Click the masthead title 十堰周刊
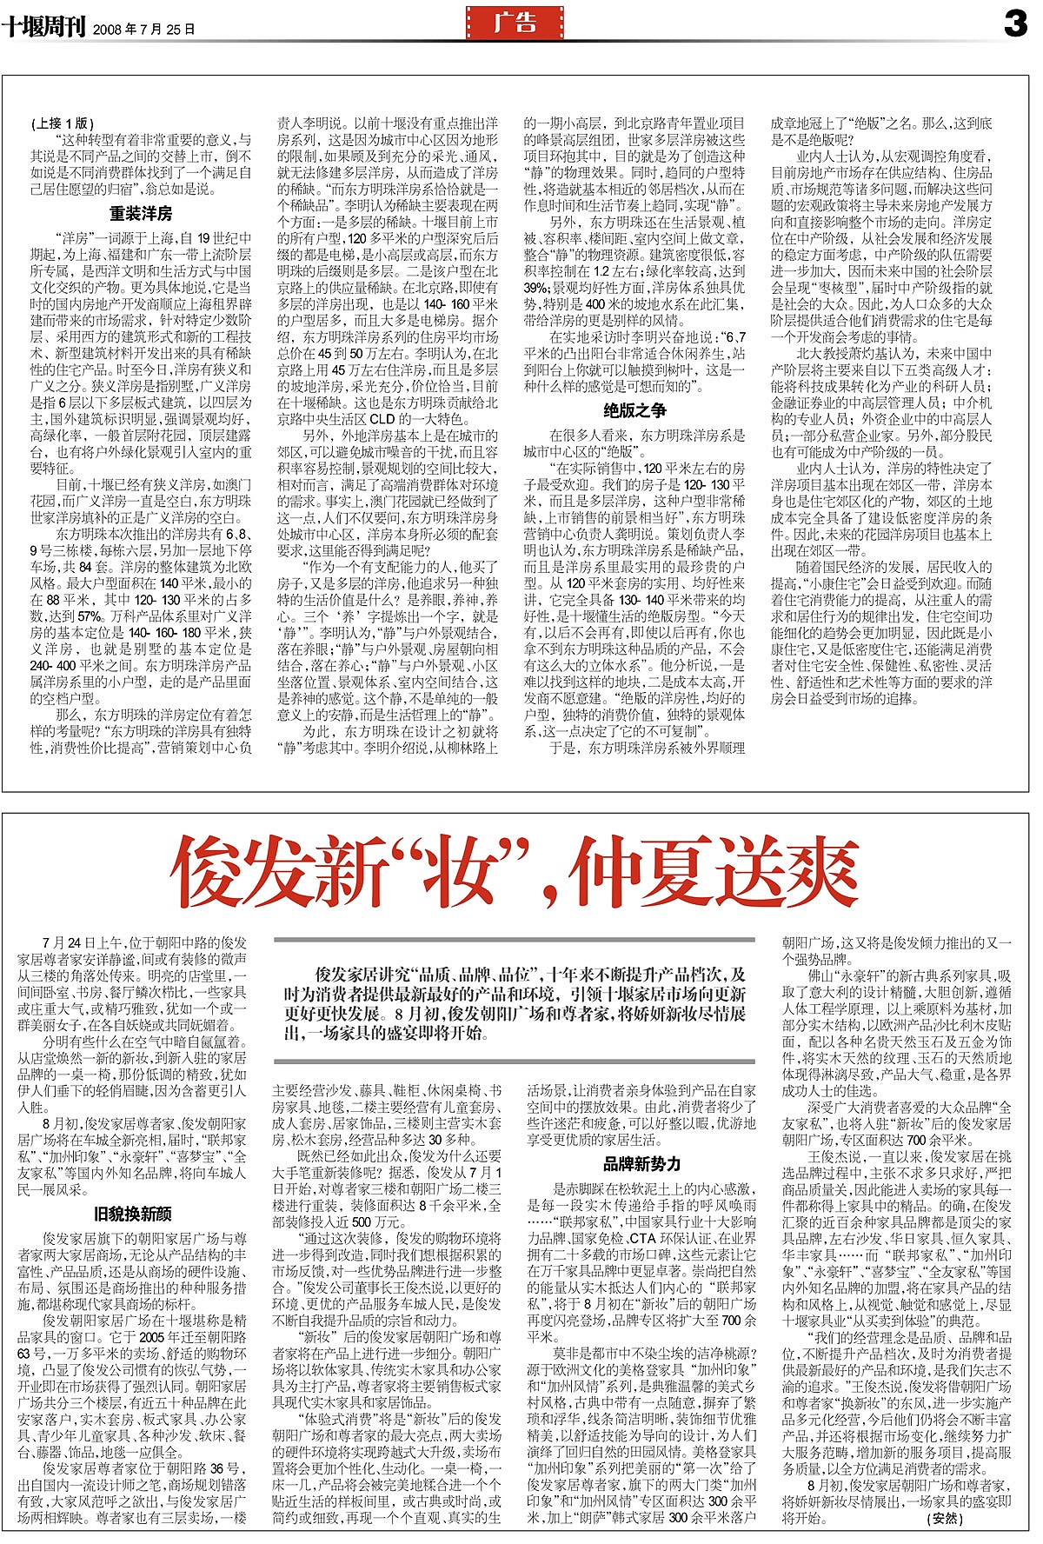pyautogui.click(x=43, y=27)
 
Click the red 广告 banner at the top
pyautogui.click(x=515, y=24)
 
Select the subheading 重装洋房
pyautogui.click(x=140, y=213)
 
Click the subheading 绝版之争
pyautogui.click(x=634, y=410)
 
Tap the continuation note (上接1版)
pyautogui.click(x=62, y=123)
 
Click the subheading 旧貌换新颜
pyautogui.click(x=132, y=1213)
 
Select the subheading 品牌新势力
pyautogui.click(x=641, y=1164)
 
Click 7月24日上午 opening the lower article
pyautogui.click(x=83, y=942)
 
